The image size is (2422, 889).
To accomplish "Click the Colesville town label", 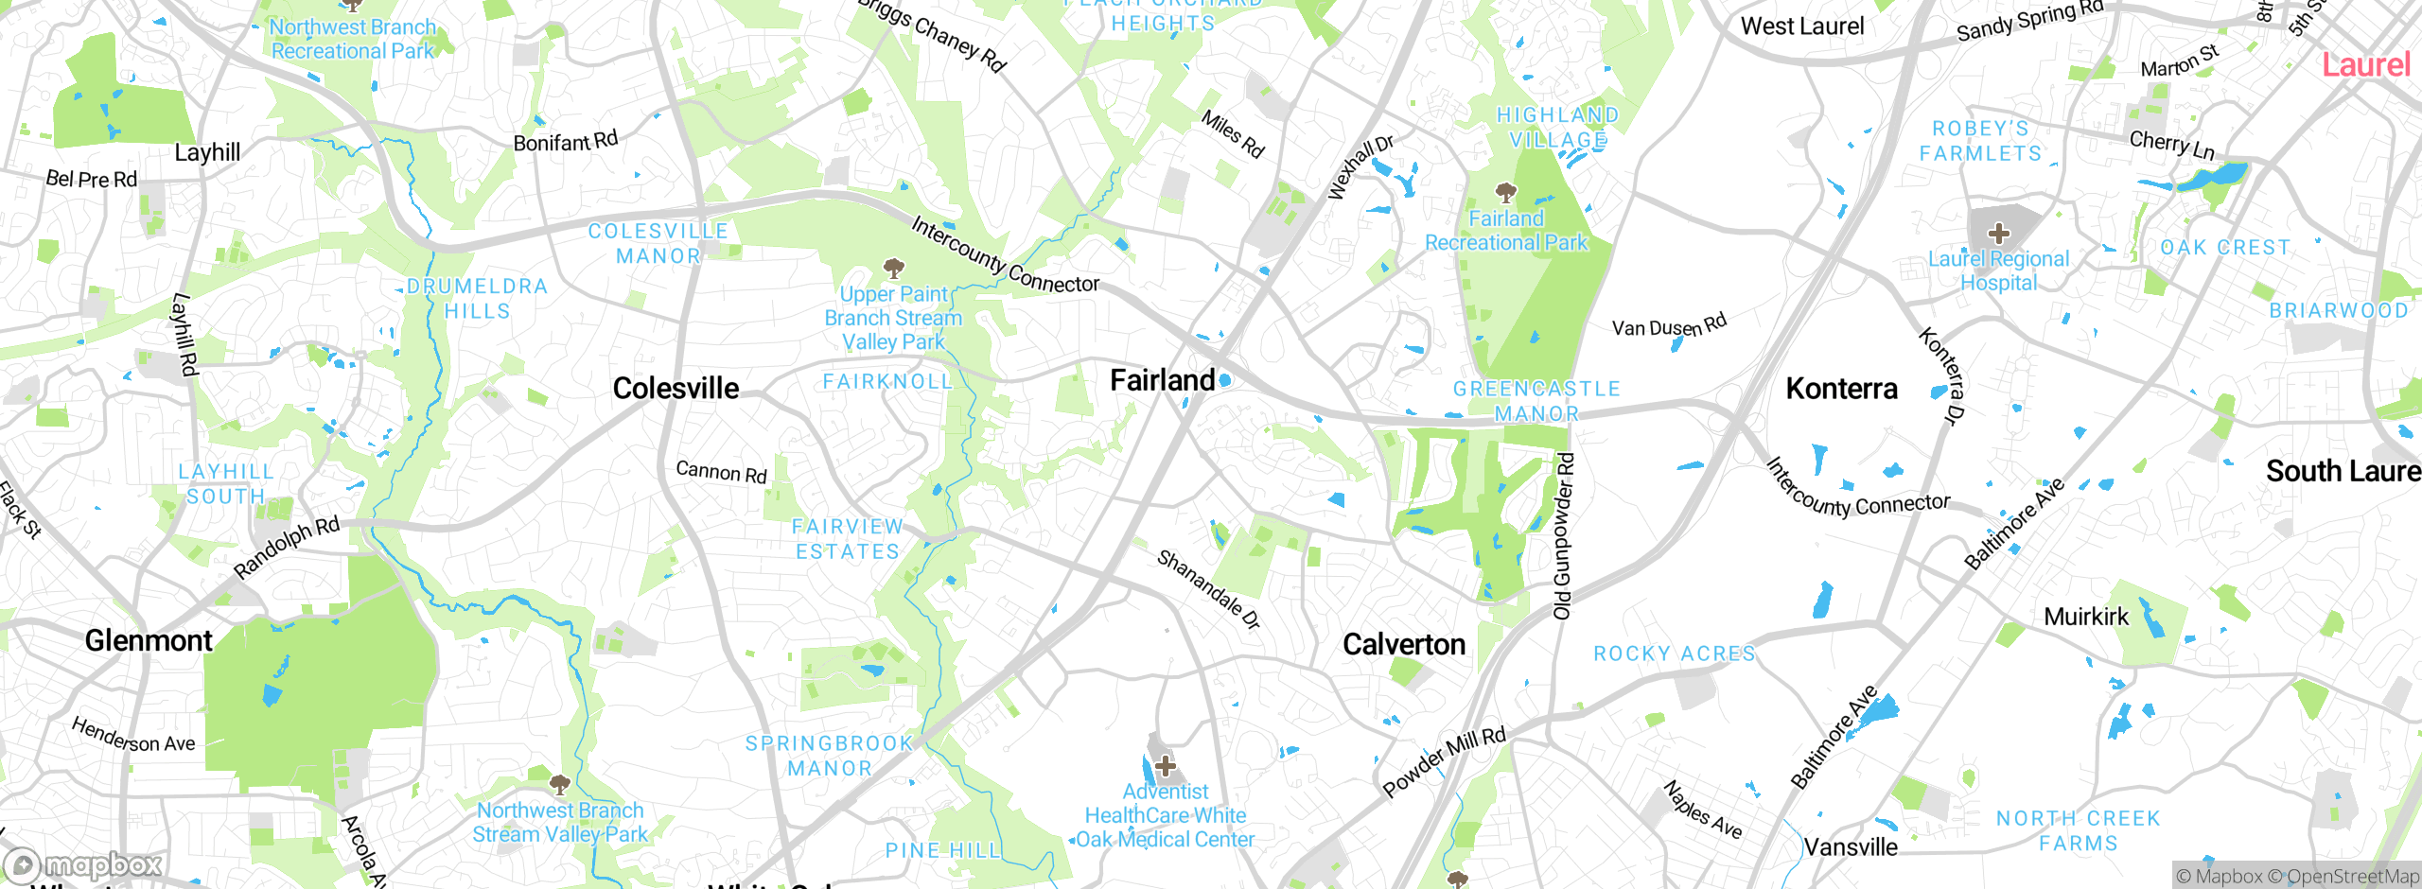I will tap(676, 388).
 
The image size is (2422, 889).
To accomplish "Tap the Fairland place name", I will tap(1162, 380).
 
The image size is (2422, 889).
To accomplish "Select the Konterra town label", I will tap(1841, 389).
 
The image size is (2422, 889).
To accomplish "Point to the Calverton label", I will tap(1404, 644).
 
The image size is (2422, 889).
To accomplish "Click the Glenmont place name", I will tap(149, 640).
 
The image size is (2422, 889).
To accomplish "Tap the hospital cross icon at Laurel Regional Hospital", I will tap(1998, 233).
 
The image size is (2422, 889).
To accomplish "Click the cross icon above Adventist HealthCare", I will tap(1166, 765).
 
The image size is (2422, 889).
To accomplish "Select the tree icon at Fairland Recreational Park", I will tap(1506, 193).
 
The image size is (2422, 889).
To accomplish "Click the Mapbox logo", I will tap(83, 864).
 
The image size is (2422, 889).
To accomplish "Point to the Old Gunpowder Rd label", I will tap(1563, 535).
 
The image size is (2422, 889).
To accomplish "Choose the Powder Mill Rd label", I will tap(1444, 761).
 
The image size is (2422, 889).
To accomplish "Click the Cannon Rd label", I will tap(721, 471).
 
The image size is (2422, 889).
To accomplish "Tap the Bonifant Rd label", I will tap(565, 142).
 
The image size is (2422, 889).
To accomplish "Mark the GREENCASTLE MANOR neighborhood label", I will tap(1536, 401).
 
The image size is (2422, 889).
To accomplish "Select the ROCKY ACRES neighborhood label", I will tap(1674, 654).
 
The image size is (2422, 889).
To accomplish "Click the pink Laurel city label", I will tap(2365, 65).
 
